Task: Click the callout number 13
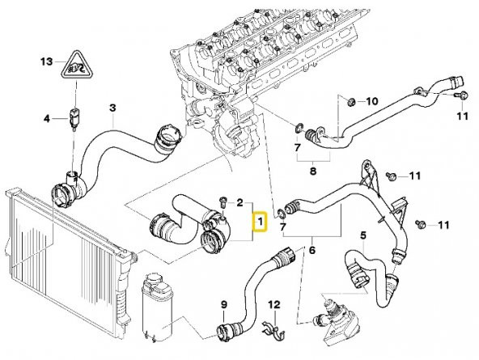pyautogui.click(x=46, y=61)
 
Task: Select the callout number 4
pyautogui.click(x=47, y=119)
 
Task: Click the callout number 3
pyautogui.click(x=113, y=107)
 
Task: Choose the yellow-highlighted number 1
pyautogui.click(x=260, y=220)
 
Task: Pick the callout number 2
pyautogui.click(x=239, y=203)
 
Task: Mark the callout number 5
pyautogui.click(x=363, y=235)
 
